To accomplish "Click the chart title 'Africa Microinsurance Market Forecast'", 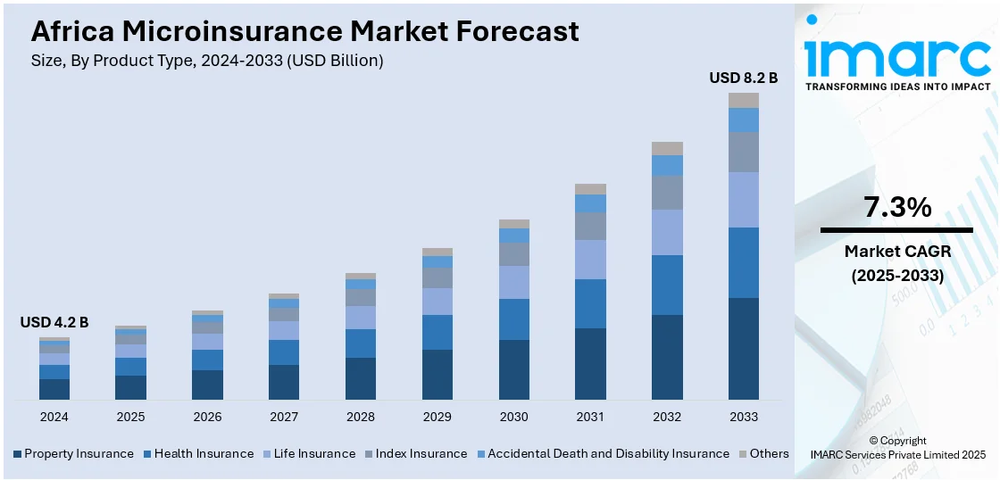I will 304,31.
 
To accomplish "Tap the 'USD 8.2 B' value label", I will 743,78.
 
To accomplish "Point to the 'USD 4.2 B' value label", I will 54,322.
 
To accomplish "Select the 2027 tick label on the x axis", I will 284,417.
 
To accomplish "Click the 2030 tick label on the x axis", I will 513,417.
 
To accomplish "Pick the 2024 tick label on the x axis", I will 54,417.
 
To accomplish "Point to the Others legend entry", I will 763,453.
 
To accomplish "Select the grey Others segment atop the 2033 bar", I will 743,100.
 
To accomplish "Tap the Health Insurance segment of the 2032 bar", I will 667,285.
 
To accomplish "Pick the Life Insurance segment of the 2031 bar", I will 590,260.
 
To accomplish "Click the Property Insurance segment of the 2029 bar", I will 437,374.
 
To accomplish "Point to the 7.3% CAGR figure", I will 897,208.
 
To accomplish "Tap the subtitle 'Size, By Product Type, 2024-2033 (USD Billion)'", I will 207,61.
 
